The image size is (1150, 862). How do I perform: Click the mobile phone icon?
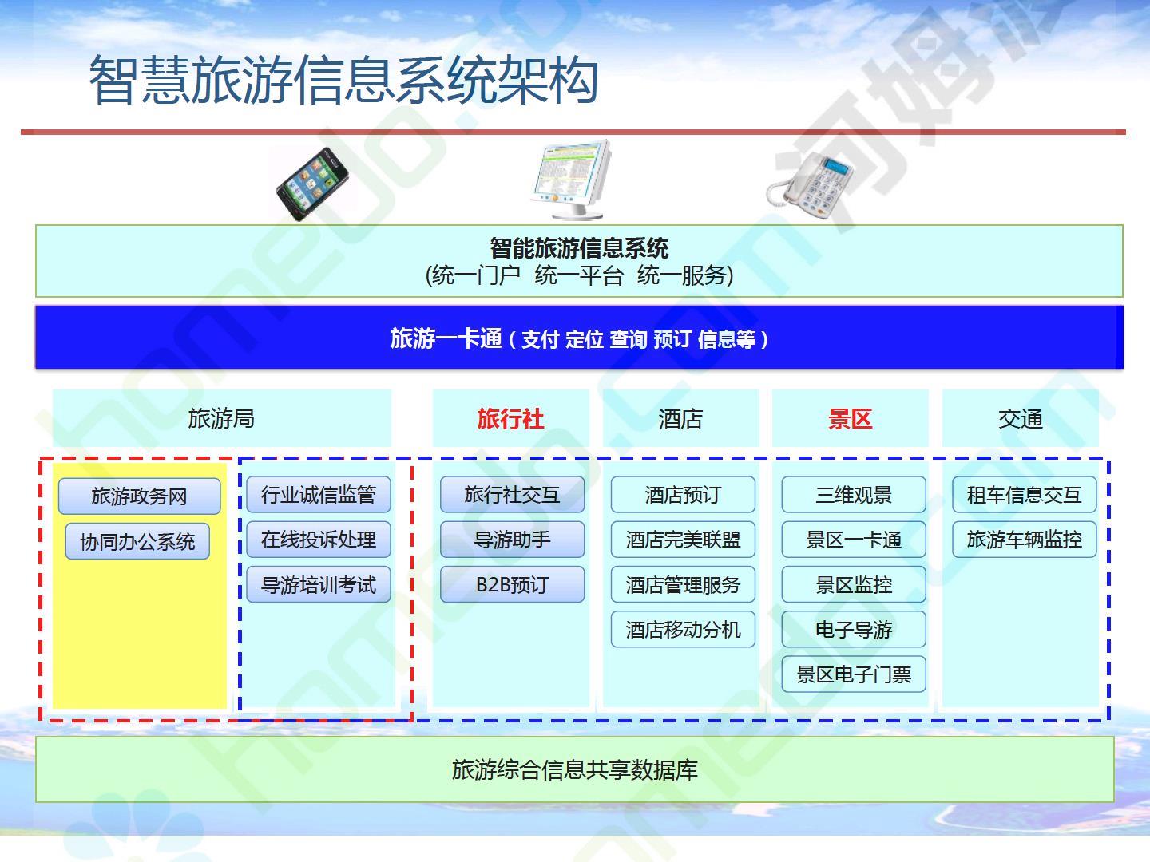tap(313, 184)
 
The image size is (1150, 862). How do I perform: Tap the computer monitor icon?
tap(572, 179)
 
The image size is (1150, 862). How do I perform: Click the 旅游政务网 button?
tap(140, 496)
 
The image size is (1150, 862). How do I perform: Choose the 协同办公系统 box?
tap(137, 540)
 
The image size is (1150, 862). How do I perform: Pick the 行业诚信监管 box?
tap(319, 494)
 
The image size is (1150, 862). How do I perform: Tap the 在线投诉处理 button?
tap(319, 539)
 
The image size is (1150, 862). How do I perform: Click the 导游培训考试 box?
tap(319, 584)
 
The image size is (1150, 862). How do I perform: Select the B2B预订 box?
tap(513, 584)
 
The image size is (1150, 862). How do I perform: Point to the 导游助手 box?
tap(513, 539)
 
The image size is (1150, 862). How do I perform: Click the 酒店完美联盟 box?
tap(683, 539)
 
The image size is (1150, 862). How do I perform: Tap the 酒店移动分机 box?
tap(683, 629)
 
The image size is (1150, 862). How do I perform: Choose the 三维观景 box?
tap(854, 494)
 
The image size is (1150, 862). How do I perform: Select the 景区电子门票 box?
tap(854, 674)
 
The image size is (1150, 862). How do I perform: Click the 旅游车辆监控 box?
tap(1025, 539)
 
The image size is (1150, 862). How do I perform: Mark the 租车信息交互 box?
tap(1025, 494)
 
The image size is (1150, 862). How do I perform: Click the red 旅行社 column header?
tap(511, 419)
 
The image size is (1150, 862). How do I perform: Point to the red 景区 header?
tap(851, 419)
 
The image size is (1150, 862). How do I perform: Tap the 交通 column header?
tap(1021, 419)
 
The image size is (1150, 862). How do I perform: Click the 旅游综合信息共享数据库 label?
tap(575, 770)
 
